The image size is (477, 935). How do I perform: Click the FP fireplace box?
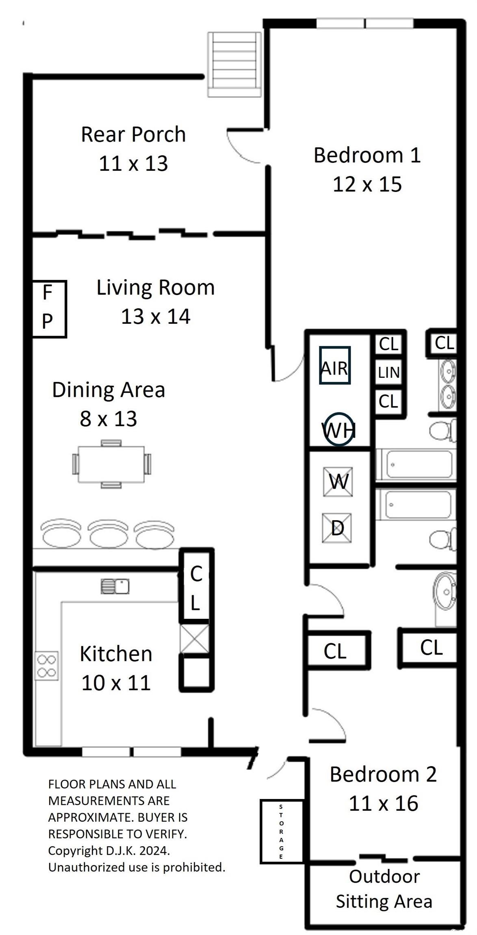click(x=49, y=309)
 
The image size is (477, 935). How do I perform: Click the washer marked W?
click(x=338, y=482)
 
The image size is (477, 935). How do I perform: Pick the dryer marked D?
click(x=337, y=528)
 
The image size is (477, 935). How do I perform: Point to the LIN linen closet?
click(x=389, y=372)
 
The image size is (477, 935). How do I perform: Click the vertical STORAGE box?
click(x=282, y=831)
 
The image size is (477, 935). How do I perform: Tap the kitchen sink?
click(x=115, y=586)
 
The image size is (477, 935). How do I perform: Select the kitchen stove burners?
click(x=47, y=666)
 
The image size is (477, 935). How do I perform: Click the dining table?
click(x=111, y=464)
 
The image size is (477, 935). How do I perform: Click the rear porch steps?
click(x=234, y=65)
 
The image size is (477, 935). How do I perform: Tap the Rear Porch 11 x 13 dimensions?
click(x=133, y=164)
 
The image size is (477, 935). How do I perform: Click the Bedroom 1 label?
click(x=367, y=155)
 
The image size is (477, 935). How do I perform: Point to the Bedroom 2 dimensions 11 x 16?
click(x=384, y=804)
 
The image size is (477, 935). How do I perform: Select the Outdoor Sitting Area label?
click(x=384, y=889)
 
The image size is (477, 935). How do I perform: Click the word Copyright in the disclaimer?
click(x=76, y=850)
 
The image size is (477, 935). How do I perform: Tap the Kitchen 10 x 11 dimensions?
click(x=116, y=683)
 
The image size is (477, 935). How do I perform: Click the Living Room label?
click(x=156, y=287)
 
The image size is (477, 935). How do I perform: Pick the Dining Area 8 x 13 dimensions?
click(x=108, y=419)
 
